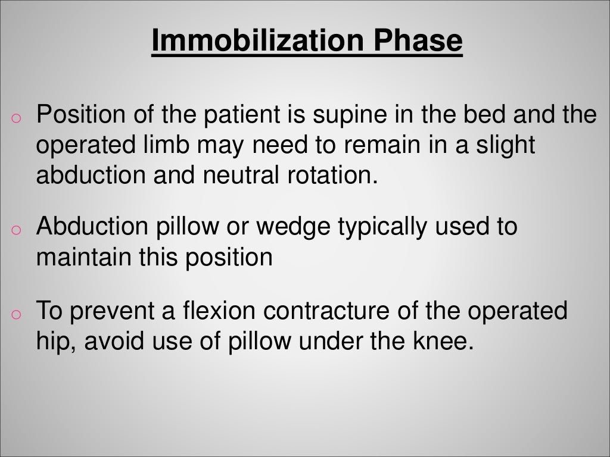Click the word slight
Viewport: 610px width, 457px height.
[x=506, y=146]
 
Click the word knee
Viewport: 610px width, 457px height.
[x=438, y=343]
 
